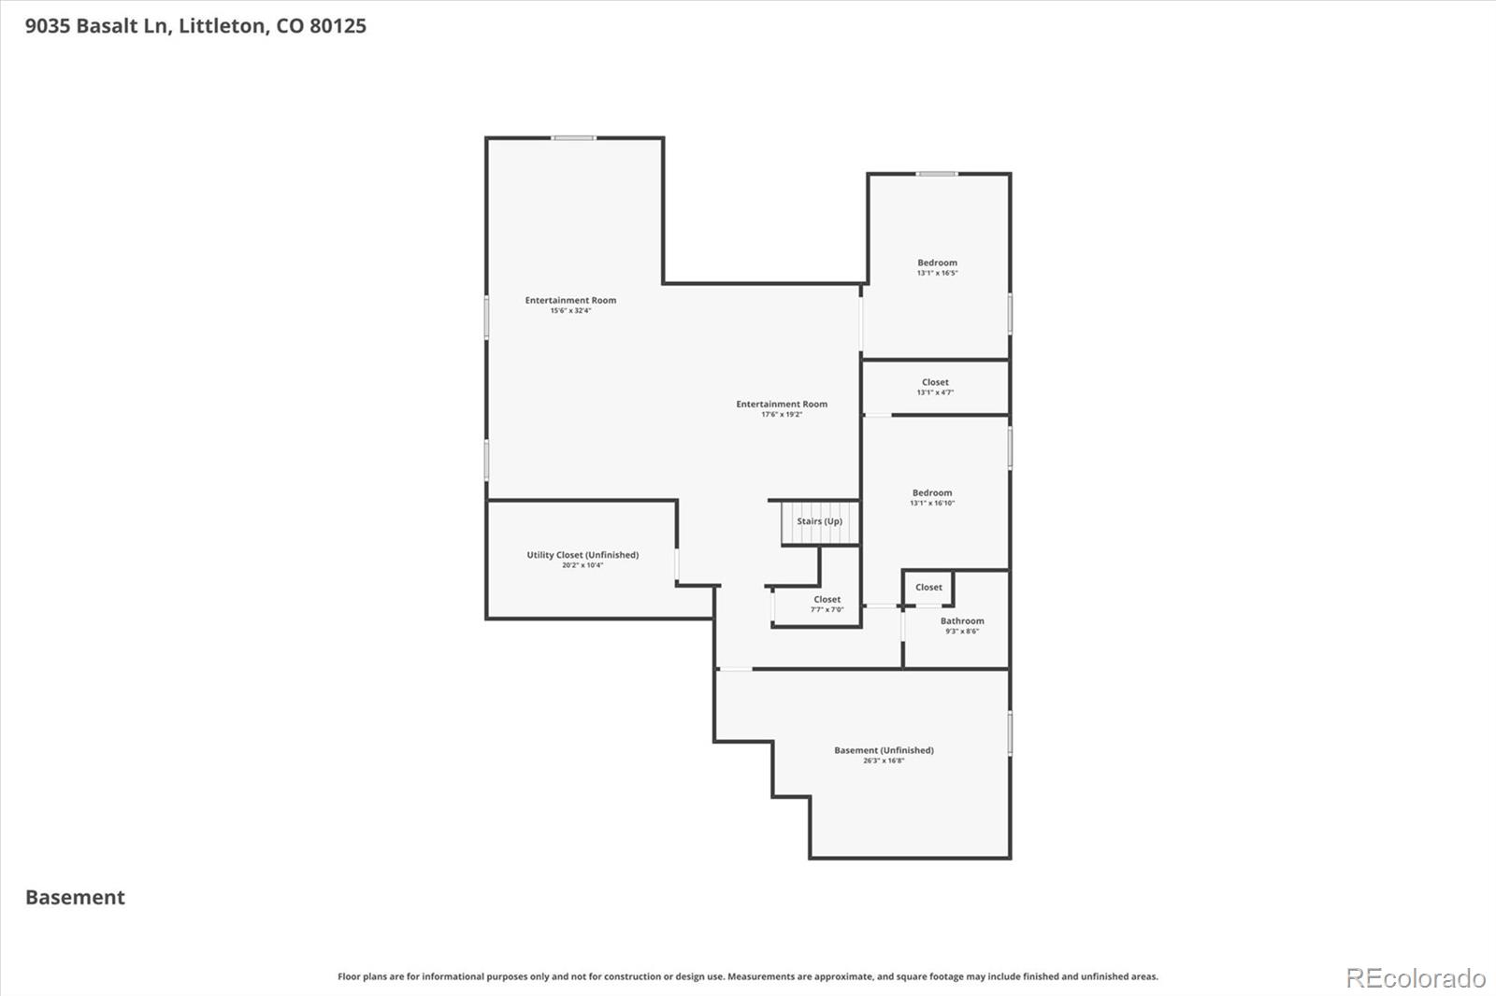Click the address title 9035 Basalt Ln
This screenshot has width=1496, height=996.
[x=195, y=26]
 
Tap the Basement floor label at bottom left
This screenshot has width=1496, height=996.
[x=75, y=897]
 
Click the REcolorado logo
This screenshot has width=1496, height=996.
[x=1415, y=978]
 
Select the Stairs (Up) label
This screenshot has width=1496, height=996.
[x=819, y=521]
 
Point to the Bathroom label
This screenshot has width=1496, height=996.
[x=962, y=620]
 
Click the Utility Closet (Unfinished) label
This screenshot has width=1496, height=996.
[x=583, y=555]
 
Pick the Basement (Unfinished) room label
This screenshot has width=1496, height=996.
[x=884, y=750]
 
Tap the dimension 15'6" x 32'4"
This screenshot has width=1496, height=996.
[x=570, y=310]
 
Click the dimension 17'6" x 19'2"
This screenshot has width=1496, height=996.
[x=782, y=414]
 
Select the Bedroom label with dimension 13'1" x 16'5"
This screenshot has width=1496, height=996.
[x=937, y=263]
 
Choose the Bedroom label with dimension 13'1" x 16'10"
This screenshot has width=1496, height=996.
[x=932, y=492]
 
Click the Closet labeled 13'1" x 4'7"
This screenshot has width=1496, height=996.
[x=935, y=382]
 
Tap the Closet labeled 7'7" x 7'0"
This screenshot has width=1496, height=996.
[x=827, y=600]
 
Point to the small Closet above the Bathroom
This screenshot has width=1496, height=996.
[x=928, y=588]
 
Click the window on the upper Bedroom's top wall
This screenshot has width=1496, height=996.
[x=936, y=174]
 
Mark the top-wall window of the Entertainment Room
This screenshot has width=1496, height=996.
[x=573, y=138]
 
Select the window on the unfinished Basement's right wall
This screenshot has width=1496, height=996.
[x=1010, y=733]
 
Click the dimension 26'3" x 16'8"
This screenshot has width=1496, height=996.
[x=884, y=761]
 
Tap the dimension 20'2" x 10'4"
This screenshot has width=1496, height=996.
[x=583, y=565]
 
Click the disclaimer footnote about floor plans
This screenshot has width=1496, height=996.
[x=747, y=976]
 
